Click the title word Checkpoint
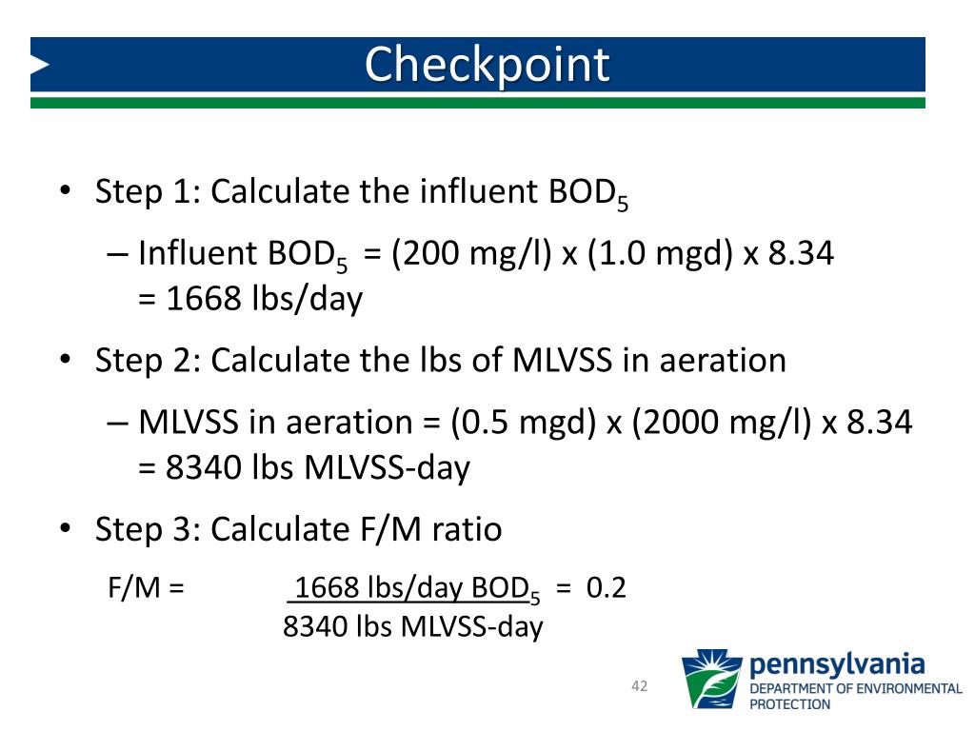487,65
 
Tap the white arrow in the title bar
39,65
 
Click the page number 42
639,686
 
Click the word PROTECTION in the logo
790,704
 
